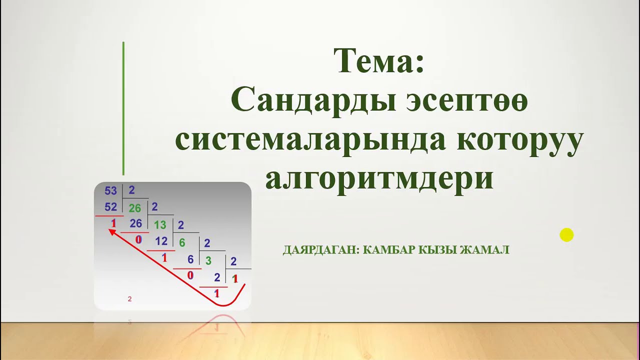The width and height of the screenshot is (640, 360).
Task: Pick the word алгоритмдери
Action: coord(379,178)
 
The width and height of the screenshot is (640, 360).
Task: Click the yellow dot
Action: coord(566,235)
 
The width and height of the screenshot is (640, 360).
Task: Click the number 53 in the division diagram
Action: coord(110,190)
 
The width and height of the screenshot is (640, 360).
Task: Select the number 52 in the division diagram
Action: coord(110,207)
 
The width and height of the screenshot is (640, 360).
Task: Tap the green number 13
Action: coord(160,224)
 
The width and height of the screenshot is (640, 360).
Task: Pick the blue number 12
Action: coord(161,241)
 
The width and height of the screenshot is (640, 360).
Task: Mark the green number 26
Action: coord(135,208)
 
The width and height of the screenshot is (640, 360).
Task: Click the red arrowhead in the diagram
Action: coord(112,231)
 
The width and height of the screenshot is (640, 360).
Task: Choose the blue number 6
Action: coord(190,259)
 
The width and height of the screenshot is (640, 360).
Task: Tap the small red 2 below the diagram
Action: coord(130,299)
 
